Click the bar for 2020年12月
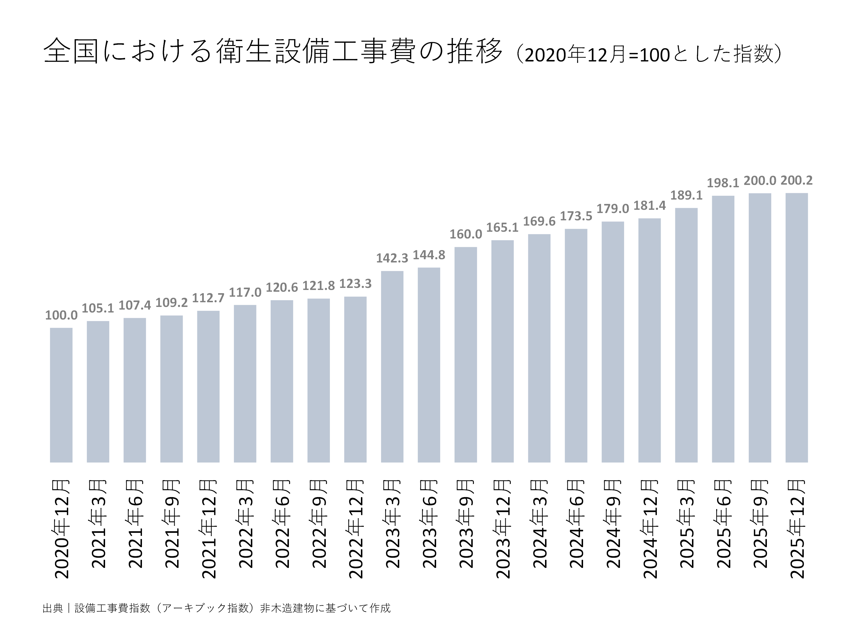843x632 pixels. (61, 395)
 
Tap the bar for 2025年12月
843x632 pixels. (796, 328)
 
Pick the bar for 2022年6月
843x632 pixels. (282, 381)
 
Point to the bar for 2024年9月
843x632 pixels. (612, 342)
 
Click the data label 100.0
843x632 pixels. (61, 315)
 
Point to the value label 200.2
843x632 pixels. (796, 180)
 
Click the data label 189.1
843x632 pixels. (686, 195)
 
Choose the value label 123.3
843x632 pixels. (355, 284)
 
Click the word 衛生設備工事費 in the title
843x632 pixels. (316, 51)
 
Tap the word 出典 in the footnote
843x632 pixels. (53, 608)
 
